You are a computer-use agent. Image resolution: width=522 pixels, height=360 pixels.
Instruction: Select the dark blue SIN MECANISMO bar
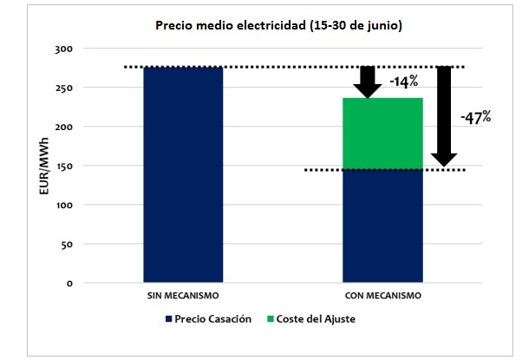183,173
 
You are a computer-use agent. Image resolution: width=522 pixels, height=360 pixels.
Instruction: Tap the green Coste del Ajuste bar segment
382,134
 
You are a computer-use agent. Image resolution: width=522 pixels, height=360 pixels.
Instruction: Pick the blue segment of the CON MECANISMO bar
382,226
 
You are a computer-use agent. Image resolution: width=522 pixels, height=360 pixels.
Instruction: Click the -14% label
405,83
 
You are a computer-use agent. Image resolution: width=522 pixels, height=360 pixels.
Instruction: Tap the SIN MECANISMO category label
183,297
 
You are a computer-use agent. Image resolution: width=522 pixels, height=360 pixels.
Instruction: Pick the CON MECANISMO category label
382,297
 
